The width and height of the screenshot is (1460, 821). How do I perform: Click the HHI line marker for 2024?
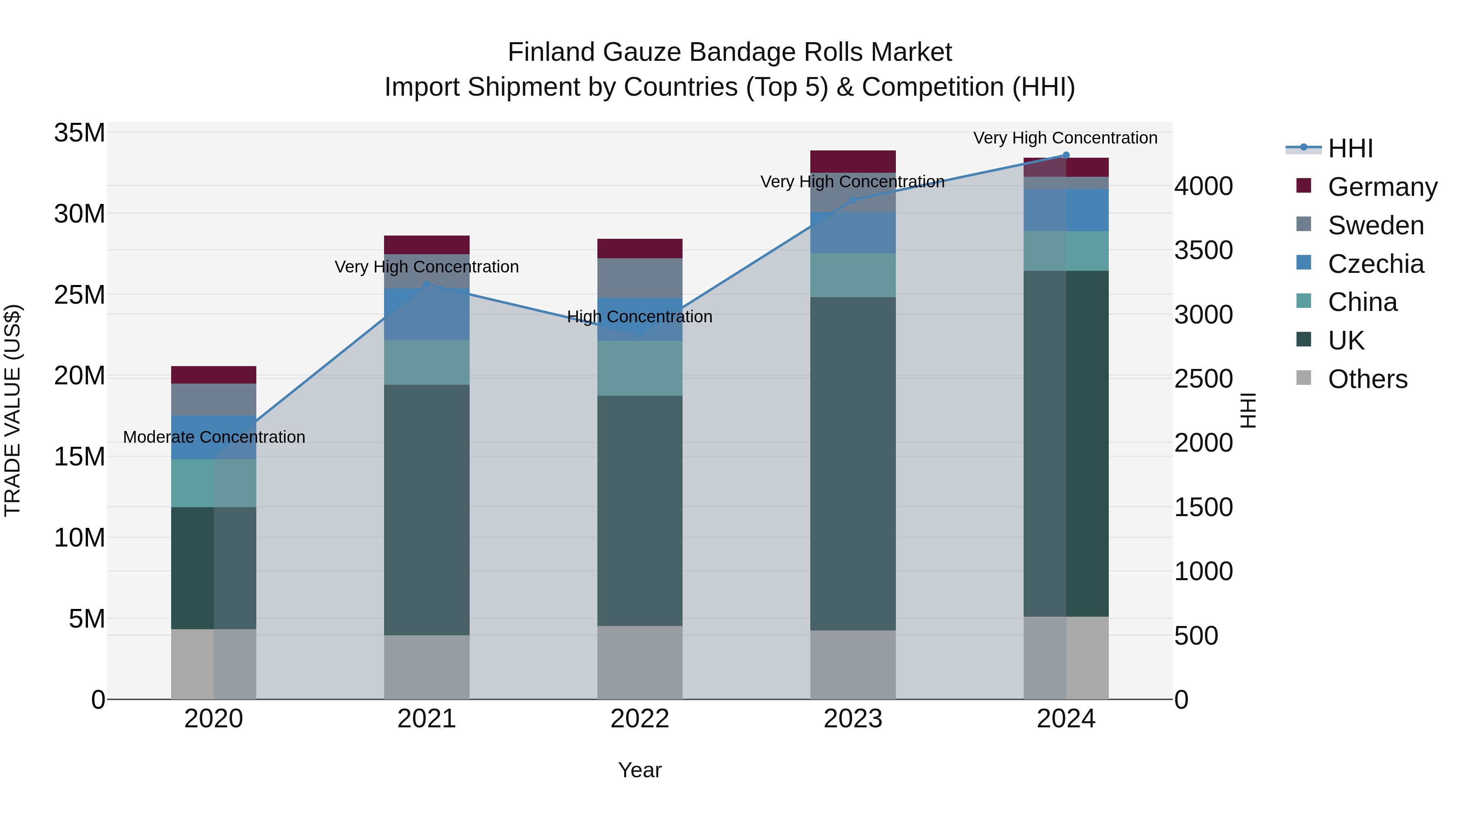(x=1065, y=155)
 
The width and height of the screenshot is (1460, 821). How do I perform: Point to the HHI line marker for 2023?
(x=852, y=200)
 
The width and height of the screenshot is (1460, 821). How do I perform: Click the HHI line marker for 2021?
(x=427, y=285)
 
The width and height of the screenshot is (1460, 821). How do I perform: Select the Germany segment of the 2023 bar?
(x=852, y=161)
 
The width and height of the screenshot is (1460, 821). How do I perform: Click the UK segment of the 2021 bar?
(x=427, y=510)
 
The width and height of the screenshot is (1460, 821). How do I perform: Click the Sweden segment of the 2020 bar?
(x=214, y=399)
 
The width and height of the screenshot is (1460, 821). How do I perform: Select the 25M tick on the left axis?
(x=79, y=295)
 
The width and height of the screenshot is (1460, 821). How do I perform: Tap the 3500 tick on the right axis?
(x=1203, y=251)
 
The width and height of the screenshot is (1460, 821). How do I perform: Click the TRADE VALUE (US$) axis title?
(x=13, y=410)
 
